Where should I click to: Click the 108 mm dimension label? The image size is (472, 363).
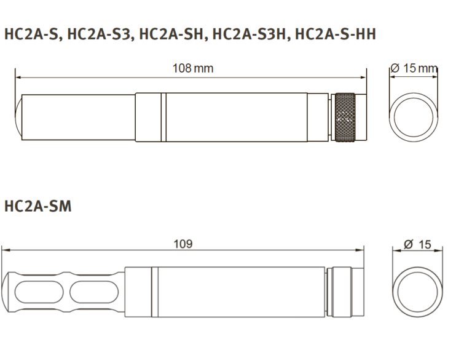(192, 68)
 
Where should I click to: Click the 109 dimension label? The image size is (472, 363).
(183, 244)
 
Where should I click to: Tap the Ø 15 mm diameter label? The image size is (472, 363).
(414, 68)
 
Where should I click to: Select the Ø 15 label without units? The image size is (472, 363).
(417, 244)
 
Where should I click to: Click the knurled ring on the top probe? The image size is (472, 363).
(345, 117)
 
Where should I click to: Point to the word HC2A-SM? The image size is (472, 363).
(38, 206)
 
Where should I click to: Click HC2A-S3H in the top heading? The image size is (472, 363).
(249, 34)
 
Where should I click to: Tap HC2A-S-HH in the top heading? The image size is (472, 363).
(336, 34)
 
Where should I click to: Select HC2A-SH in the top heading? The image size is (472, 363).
(171, 34)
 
